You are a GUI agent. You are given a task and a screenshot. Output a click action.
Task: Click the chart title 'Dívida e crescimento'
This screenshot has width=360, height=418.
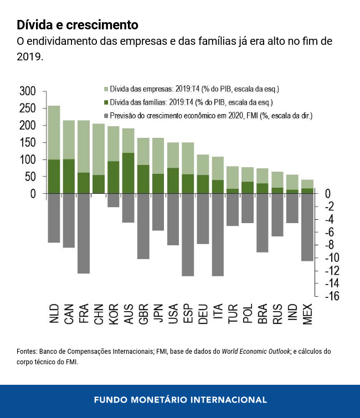pyautogui.click(x=77, y=25)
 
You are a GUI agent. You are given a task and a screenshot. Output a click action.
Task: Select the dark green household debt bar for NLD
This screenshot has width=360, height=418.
pyautogui.click(x=54, y=177)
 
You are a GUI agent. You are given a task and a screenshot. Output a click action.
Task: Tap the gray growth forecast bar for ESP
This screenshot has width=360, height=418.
pyautogui.click(x=188, y=235)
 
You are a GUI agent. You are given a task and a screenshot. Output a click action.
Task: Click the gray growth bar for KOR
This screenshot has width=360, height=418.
pyautogui.click(x=114, y=200)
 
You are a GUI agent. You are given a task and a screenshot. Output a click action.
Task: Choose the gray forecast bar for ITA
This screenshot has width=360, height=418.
pyautogui.click(x=218, y=235)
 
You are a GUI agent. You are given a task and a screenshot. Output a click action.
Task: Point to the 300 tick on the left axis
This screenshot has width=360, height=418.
pyautogui.click(x=27, y=91)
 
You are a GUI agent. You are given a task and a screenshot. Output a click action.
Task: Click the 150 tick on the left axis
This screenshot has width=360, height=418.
pyautogui.click(x=27, y=142)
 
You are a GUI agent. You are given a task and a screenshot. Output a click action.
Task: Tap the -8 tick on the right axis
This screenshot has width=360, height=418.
pyautogui.click(x=331, y=245)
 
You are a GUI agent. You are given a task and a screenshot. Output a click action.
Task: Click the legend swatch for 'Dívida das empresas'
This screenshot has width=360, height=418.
pyautogui.click(x=105, y=89)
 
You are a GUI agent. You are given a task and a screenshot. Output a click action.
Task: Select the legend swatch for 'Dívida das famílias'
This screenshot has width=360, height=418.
pyautogui.click(x=105, y=102)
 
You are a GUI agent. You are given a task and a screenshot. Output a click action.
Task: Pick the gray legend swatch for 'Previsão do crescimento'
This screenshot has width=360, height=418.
pyautogui.click(x=105, y=116)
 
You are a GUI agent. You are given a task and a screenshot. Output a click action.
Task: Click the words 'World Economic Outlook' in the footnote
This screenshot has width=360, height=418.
pyautogui.click(x=256, y=352)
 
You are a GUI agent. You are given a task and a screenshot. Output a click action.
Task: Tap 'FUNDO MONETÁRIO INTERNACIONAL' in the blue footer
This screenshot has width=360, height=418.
pyautogui.click(x=180, y=399)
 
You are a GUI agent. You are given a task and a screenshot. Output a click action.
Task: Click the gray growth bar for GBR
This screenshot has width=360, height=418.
pyautogui.click(x=143, y=226)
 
